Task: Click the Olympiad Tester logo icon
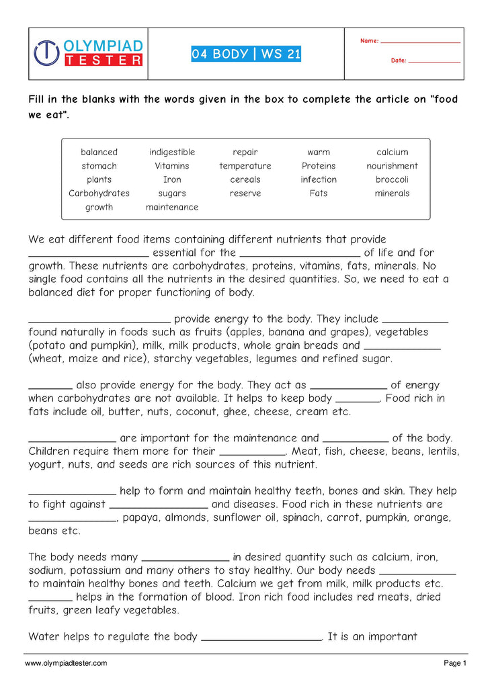coord(47,53)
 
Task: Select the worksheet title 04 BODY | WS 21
coord(246,54)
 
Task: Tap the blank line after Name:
coord(420,42)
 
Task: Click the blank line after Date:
coord(434,61)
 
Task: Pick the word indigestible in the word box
coord(172,152)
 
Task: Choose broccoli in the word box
coord(392,179)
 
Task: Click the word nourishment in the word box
coord(392,166)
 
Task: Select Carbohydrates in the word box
coord(99,193)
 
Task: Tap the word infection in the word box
coord(319,179)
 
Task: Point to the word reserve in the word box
coord(245,193)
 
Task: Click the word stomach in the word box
coord(99,166)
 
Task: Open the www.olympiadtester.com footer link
coord(66,663)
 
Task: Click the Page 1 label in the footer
coord(455,663)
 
